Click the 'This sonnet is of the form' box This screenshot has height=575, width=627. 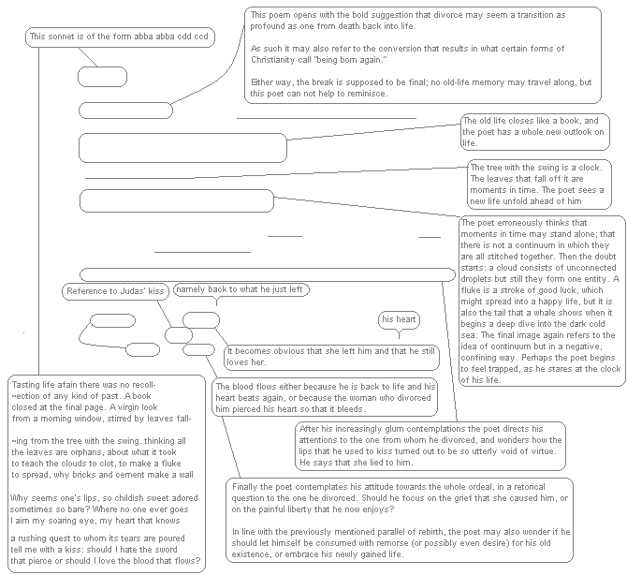[x=119, y=37]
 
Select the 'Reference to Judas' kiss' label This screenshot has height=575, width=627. [x=117, y=292]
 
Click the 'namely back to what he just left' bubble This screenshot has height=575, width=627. [x=240, y=289]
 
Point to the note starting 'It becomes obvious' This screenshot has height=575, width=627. [x=317, y=356]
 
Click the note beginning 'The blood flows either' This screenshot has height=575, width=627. [x=323, y=397]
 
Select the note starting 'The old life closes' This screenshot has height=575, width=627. [x=532, y=132]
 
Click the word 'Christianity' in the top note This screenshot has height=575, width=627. [x=276, y=60]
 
